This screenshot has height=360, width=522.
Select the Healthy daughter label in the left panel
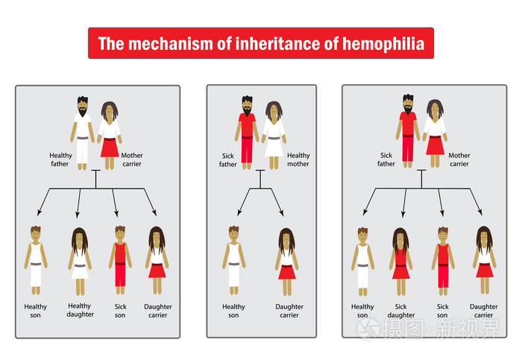click(x=81, y=310)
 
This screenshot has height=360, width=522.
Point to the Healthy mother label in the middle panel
click(x=298, y=160)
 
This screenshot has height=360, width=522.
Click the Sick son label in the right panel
click(x=444, y=311)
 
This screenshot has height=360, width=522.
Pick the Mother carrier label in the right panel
click(x=459, y=159)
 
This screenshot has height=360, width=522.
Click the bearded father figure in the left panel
click(x=82, y=133)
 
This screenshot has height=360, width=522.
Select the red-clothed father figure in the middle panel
click(x=248, y=133)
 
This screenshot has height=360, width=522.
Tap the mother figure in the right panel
click(x=435, y=133)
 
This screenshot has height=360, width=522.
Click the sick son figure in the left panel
click(x=119, y=259)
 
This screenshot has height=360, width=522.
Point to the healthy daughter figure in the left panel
click(x=81, y=260)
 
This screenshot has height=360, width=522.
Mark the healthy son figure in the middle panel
click(x=233, y=259)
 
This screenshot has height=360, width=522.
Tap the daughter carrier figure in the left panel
click(x=157, y=260)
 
